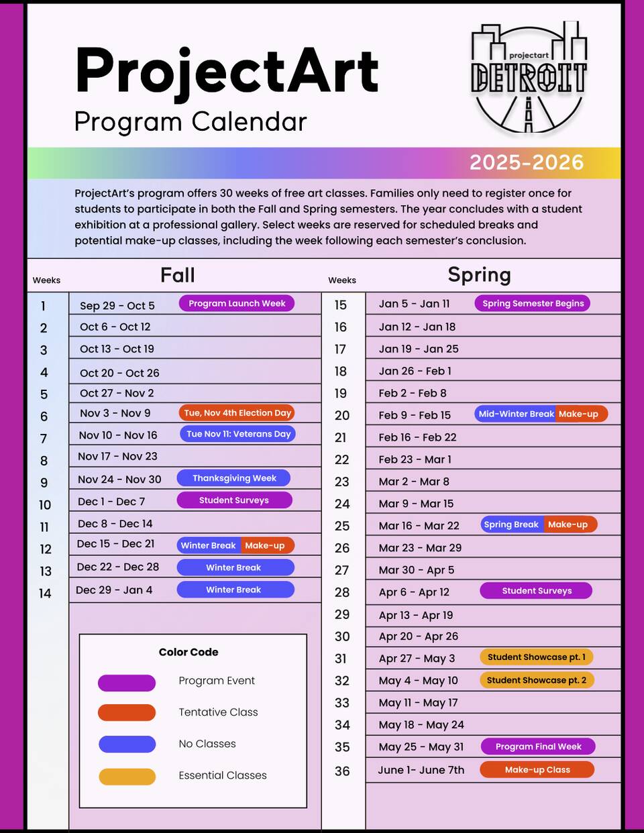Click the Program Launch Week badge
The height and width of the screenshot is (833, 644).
coord(236,304)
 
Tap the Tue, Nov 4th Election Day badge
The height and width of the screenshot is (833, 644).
coord(237,413)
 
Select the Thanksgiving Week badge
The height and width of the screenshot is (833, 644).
coord(234,478)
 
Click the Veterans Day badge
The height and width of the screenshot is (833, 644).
coord(238,434)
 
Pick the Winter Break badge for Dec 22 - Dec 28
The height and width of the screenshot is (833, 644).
coord(235,567)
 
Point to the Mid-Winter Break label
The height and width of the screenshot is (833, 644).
coord(515,414)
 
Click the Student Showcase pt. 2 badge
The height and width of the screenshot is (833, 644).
coord(536,680)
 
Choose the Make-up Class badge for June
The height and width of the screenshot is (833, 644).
coord(537,769)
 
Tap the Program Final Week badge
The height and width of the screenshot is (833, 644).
coord(538,746)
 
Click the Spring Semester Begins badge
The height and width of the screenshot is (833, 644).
coord(533,303)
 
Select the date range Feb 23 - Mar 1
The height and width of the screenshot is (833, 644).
coord(415,459)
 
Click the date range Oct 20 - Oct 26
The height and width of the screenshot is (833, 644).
coord(119,373)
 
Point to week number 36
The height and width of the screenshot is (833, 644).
coord(342,771)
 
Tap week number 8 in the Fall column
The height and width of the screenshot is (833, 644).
coord(44,461)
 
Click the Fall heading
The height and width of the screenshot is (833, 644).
coord(178,275)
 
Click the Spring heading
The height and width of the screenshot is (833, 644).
coord(479,275)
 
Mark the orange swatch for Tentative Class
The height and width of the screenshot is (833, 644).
coord(127,712)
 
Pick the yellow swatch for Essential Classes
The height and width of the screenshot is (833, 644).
coord(127,776)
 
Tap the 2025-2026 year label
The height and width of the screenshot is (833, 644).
coord(526,162)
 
